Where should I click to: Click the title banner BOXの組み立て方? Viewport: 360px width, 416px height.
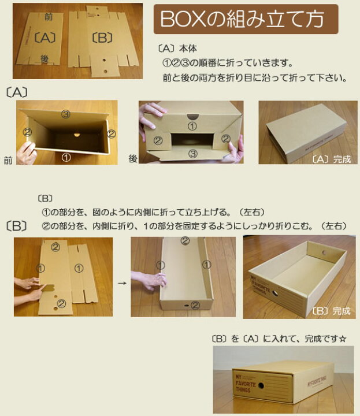tap(246, 20)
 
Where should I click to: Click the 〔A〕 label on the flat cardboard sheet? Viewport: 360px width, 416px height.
tap(44, 39)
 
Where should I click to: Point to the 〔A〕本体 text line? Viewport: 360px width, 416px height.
tap(177, 49)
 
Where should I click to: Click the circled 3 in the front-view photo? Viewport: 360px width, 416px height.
tap(66, 114)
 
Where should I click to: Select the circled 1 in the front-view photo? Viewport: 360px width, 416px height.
tap(66, 156)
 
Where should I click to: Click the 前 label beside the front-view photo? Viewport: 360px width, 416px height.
tap(8, 161)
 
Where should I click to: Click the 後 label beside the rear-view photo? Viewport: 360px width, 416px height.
tap(133, 158)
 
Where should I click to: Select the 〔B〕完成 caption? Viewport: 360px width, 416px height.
tap(331, 311)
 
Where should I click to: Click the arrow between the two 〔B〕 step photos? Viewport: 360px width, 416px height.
tap(122, 283)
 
